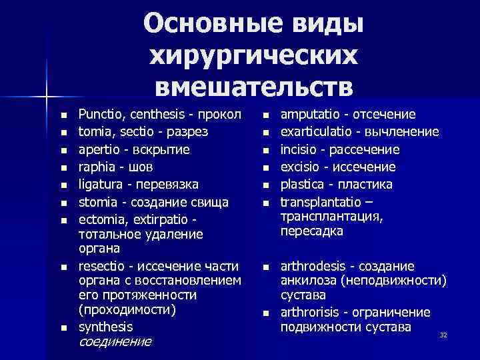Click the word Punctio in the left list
pyautogui.click(x=99, y=115)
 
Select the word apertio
pyautogui.click(x=99, y=149)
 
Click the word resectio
pyautogui.click(x=102, y=265)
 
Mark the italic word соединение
pyautogui.click(x=115, y=342)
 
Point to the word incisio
pyautogui.click(x=299, y=149)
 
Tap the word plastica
pyautogui.click(x=302, y=184)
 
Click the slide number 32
pyautogui.click(x=443, y=334)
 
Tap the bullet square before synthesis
pyautogui.click(x=63, y=328)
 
